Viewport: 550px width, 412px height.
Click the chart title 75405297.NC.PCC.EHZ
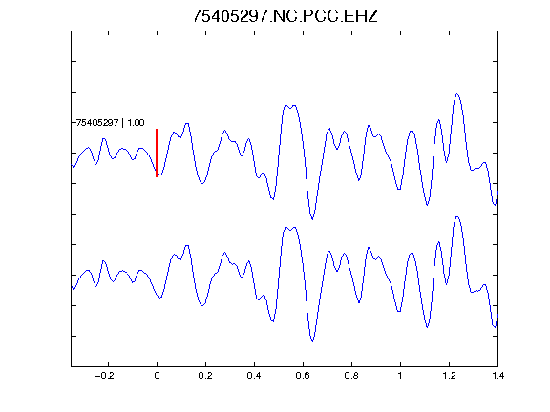coord(285,16)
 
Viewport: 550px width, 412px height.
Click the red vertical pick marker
coord(157,153)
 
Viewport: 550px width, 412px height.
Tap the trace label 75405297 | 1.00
coord(110,123)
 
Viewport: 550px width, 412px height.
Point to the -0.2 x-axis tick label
coord(105,376)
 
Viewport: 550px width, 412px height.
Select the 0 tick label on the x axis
coord(157,376)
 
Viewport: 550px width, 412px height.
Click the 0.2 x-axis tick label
coord(205,376)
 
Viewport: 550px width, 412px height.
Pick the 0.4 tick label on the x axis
coord(254,376)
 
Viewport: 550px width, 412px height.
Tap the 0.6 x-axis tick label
coord(303,376)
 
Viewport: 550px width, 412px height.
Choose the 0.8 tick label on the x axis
coord(351,376)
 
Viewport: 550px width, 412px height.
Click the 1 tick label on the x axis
coord(400,376)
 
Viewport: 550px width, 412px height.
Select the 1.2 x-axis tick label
coord(449,376)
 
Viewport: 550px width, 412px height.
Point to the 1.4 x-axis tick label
coord(497,376)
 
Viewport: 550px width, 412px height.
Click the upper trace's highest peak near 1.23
coord(457,93)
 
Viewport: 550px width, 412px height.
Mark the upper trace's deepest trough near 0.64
coord(312,219)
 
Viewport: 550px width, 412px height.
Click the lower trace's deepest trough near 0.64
coord(312,341)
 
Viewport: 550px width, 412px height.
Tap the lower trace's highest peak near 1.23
coord(457,216)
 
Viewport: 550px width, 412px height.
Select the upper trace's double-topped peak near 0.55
coord(290,105)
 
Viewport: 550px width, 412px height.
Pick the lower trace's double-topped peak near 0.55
coord(290,228)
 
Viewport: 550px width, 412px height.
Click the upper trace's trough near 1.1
coord(427,205)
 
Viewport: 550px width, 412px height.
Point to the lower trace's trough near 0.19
coord(202,305)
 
